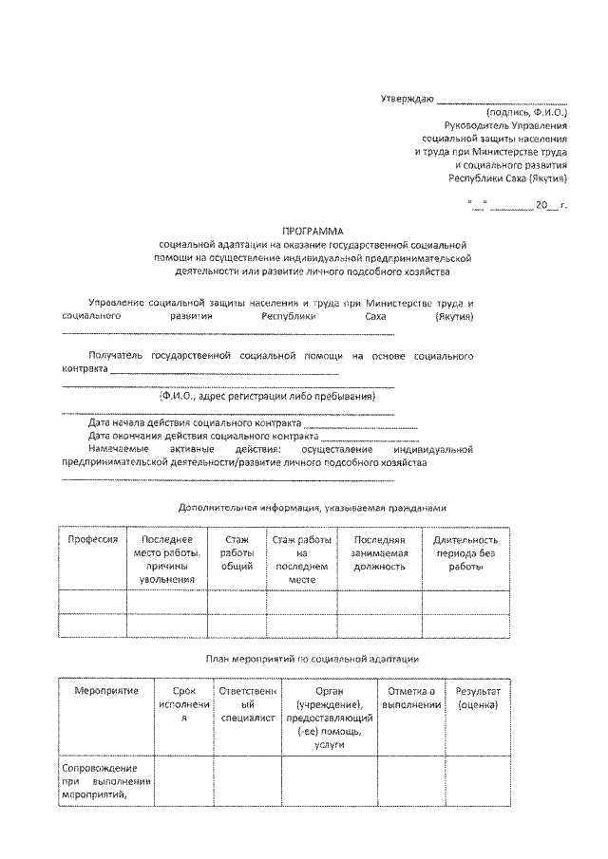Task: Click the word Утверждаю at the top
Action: pyautogui.click(x=407, y=99)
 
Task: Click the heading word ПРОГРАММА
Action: pyautogui.click(x=313, y=231)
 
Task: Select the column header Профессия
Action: pyautogui.click(x=92, y=539)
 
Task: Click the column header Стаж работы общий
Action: pyautogui.click(x=236, y=552)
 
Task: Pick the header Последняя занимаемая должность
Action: pyautogui.click(x=379, y=552)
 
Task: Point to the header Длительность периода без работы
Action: pyautogui.click(x=466, y=552)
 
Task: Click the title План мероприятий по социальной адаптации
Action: pyautogui.click(x=313, y=658)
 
